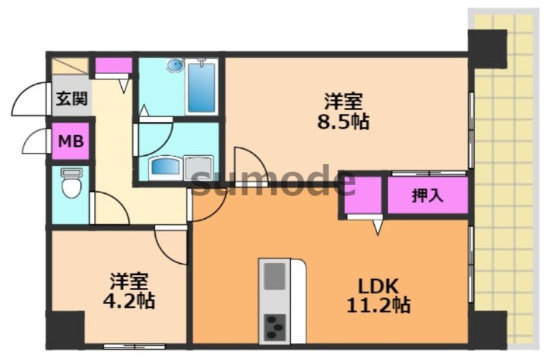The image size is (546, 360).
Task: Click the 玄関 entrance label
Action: tap(71, 99)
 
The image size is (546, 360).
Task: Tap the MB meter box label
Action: tap(71, 142)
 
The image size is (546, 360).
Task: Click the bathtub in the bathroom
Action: tap(202, 87)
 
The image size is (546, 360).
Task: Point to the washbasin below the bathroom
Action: tap(166, 167)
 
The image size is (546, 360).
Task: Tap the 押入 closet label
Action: tap(427, 196)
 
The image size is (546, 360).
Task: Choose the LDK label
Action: tap(378, 285)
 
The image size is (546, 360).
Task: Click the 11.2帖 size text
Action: tap(378, 304)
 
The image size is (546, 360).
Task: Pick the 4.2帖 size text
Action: tap(131, 301)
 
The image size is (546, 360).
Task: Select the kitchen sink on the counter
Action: tap(275, 275)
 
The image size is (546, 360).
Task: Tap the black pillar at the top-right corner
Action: tap(488, 48)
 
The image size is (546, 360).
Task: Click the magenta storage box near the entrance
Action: tap(113, 66)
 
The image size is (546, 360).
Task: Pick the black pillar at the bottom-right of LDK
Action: tap(488, 328)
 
